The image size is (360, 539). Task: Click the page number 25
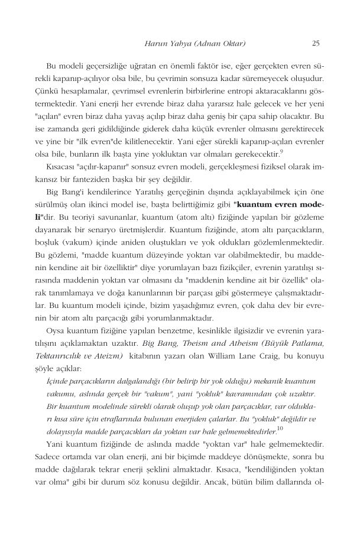(x=316, y=43)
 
